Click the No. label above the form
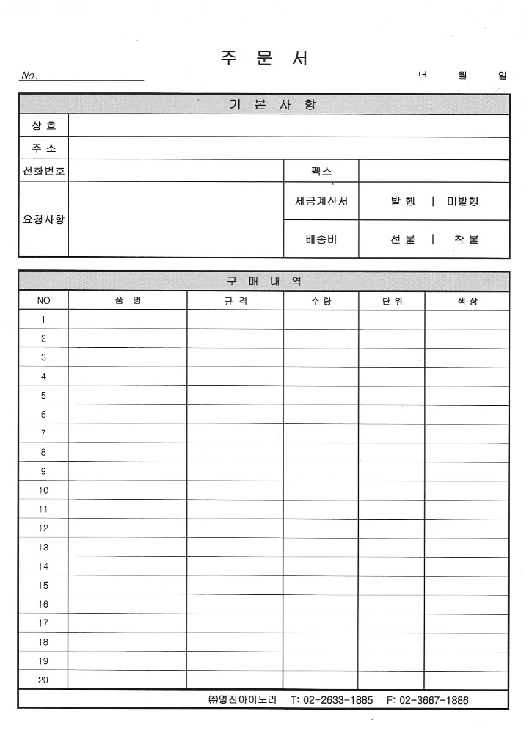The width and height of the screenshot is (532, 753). click(x=30, y=76)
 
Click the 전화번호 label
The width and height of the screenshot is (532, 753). click(x=43, y=171)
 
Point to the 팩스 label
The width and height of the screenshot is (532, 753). click(x=321, y=171)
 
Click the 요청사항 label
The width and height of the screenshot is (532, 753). click(x=43, y=219)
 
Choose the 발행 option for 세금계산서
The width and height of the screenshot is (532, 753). click(x=403, y=201)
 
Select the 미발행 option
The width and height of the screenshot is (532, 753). click(x=462, y=201)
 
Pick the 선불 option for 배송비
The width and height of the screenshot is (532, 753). click(x=403, y=239)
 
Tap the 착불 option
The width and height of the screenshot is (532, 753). click(x=466, y=239)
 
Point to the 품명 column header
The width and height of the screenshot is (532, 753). click(x=127, y=301)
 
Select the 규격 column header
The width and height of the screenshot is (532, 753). click(x=236, y=301)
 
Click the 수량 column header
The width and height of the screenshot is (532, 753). click(x=321, y=301)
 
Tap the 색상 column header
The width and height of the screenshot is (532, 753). click(x=467, y=301)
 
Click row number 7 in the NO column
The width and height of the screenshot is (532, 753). click(x=43, y=434)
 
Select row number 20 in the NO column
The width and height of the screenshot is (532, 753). click(x=43, y=680)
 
